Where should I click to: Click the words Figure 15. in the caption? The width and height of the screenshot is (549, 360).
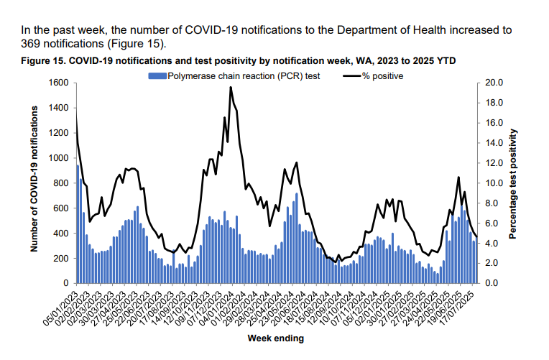click(44, 60)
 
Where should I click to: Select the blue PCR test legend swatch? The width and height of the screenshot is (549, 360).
click(157, 75)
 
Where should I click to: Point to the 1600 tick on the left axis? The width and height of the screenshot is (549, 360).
click(59, 83)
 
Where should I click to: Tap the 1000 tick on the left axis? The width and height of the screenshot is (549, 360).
click(59, 158)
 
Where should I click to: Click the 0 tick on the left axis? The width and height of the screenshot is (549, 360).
click(65, 283)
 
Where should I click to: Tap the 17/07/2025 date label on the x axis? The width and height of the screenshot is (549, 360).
click(460, 305)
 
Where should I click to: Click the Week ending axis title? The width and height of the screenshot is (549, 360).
click(275, 338)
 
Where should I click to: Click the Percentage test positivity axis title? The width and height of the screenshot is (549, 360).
click(514, 183)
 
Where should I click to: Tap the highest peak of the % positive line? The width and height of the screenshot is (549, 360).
click(230, 87)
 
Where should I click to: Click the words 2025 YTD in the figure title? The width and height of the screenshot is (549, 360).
click(433, 60)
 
